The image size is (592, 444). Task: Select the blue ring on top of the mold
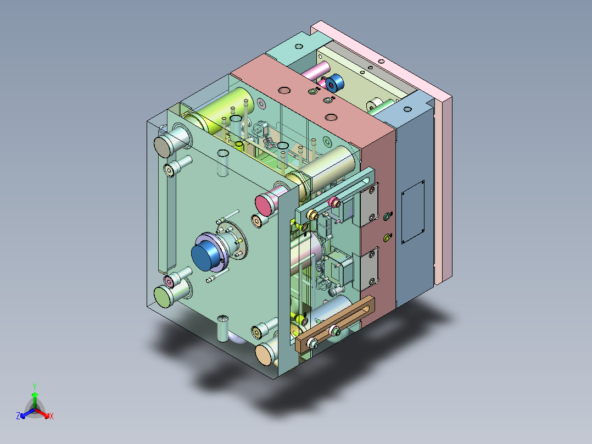click(334, 84)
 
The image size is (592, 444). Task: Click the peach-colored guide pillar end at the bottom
click(266, 353)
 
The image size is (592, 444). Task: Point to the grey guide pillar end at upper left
click(163, 147)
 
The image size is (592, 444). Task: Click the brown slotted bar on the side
click(334, 324)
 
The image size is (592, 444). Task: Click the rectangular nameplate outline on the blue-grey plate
click(412, 212)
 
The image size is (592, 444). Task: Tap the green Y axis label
click(35, 387)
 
